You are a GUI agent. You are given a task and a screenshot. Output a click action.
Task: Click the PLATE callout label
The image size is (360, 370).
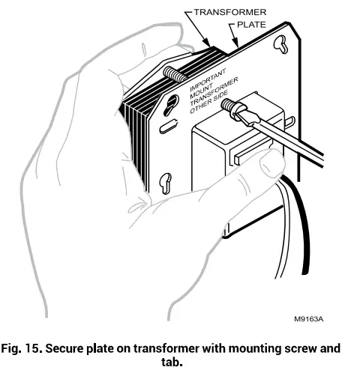(x=253, y=24)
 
